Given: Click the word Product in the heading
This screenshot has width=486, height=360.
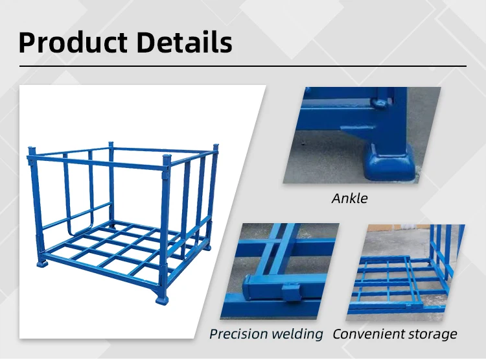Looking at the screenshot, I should click(x=72, y=42).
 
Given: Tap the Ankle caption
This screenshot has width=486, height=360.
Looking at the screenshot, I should click(x=349, y=198).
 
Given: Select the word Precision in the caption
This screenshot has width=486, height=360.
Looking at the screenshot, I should click(x=238, y=334).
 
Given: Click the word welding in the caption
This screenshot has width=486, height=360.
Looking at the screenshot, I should click(x=296, y=334).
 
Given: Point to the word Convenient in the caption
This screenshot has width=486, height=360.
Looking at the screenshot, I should click(x=370, y=334).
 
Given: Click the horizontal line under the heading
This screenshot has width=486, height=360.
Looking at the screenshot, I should click(x=242, y=66).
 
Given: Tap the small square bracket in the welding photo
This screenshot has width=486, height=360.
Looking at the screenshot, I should click(x=290, y=292).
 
